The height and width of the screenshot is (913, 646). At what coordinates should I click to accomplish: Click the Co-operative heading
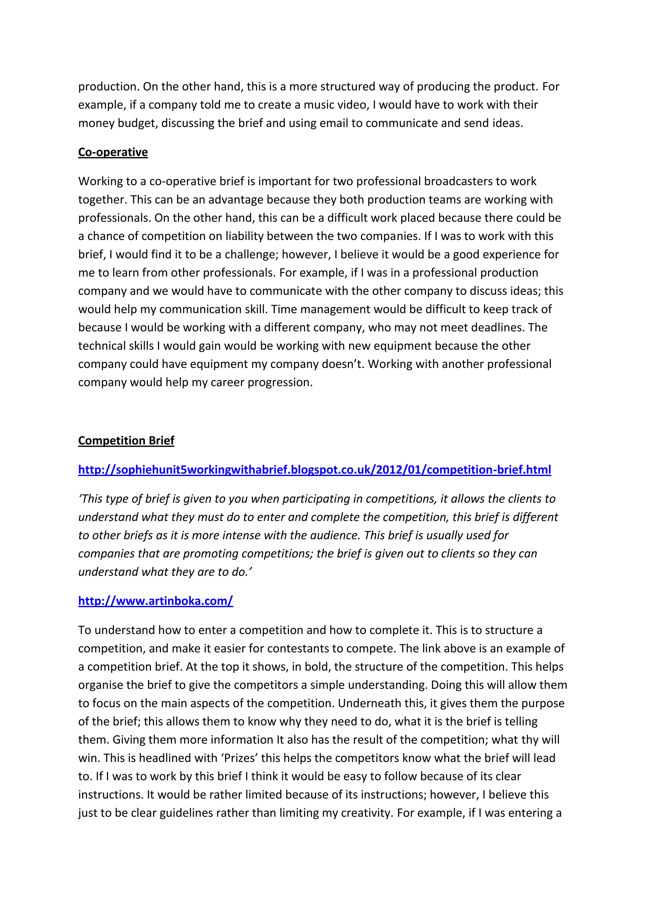click(x=113, y=152)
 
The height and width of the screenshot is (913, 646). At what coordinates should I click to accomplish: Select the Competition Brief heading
click(x=126, y=441)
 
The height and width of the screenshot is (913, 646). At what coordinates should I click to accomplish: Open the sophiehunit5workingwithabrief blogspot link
click(x=314, y=470)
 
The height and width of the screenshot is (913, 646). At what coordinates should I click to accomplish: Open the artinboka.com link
click(x=156, y=601)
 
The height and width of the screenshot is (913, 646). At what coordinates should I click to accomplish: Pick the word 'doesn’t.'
click(x=343, y=364)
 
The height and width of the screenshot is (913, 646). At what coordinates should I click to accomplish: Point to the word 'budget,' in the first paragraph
click(x=138, y=123)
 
